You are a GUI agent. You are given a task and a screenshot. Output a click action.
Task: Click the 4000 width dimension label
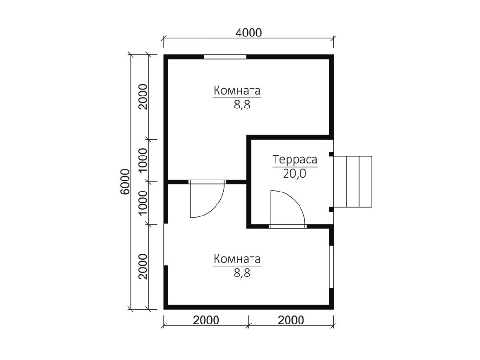click(248, 33)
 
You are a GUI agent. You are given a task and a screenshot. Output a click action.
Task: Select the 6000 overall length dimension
click(125, 182)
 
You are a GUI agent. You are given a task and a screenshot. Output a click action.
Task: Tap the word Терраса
click(295, 159)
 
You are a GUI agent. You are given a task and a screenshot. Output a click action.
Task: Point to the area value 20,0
click(295, 174)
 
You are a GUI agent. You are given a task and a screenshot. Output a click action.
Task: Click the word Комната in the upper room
click(237, 91)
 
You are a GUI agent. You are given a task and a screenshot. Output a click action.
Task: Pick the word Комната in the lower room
click(237, 259)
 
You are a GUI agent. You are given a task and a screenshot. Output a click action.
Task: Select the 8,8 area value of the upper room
click(242, 105)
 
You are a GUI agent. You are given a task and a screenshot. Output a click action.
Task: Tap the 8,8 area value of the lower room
click(242, 273)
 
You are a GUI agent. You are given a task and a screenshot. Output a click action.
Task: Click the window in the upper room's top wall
click(225, 57)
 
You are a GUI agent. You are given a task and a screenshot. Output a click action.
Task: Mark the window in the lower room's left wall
click(166, 245)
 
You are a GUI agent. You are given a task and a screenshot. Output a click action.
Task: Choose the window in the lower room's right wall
click(331, 266)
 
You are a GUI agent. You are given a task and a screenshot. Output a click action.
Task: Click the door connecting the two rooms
click(207, 199)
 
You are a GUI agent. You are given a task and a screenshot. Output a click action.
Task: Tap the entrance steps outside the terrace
click(352, 182)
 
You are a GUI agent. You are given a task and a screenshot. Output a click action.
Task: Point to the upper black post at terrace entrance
click(331, 154)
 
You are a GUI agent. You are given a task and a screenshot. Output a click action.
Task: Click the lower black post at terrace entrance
click(331, 210)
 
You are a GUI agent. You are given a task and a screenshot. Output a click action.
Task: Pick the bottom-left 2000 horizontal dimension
click(206, 320)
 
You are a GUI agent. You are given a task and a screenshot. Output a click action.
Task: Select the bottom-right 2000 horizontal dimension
click(291, 320)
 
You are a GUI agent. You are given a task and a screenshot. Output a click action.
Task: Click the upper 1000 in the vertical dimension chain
click(143, 161)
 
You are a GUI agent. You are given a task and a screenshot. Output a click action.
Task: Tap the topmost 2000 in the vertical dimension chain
click(143, 97)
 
